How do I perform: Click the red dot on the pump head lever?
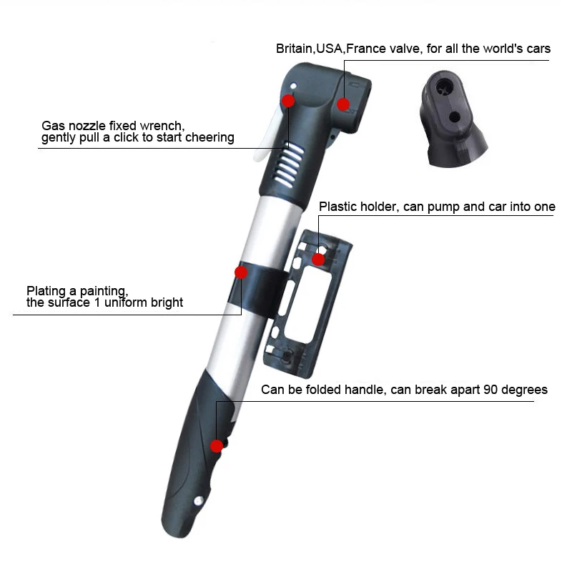click(288, 101)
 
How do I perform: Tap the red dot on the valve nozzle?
click(343, 104)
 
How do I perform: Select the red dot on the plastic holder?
click(318, 258)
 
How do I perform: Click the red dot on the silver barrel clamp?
click(241, 272)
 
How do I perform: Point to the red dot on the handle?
click(216, 445)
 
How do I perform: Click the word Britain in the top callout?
click(293, 49)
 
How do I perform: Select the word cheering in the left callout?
click(209, 137)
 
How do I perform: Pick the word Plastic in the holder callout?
click(337, 207)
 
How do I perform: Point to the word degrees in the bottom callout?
click(523, 390)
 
